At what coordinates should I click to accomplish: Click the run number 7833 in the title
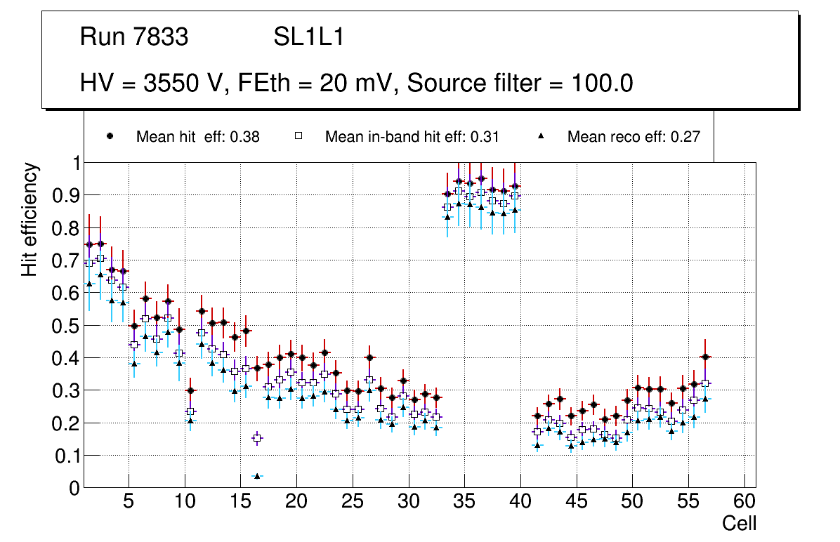coord(162,37)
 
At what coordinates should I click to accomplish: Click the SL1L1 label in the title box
coord(308,37)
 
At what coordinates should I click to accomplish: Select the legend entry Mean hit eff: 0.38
coord(197,137)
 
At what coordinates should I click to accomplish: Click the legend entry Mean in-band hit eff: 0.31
coord(412,137)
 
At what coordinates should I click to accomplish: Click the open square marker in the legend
coord(298,136)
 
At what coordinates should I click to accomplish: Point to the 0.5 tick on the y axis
coord(66,326)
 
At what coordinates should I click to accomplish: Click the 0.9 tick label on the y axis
coord(66,196)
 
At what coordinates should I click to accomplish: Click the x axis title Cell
coord(739,524)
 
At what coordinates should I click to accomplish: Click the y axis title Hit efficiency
coord(29,219)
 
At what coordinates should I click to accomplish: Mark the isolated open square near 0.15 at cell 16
coord(257,438)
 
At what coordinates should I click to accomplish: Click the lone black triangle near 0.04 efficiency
coord(257,476)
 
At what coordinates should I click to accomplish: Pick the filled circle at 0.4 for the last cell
coord(706,357)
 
